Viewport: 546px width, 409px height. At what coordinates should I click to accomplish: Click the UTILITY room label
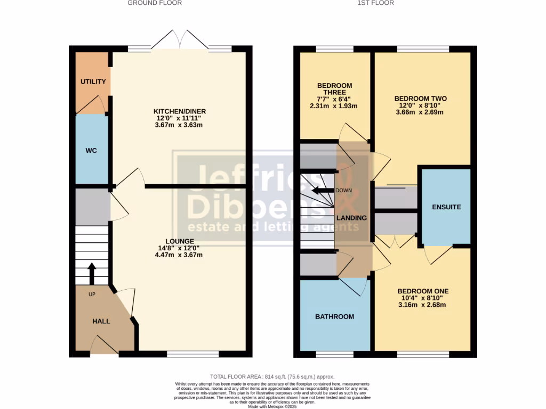(x=93, y=81)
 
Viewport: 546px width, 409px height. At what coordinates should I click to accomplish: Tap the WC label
(x=91, y=151)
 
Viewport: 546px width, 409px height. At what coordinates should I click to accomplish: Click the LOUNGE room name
(x=179, y=241)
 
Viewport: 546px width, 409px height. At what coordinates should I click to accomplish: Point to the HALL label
(x=101, y=321)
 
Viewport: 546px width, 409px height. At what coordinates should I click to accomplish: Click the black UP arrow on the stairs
(x=91, y=273)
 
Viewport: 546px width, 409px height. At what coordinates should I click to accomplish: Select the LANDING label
(x=351, y=218)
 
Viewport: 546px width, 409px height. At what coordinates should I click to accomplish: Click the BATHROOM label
(x=334, y=316)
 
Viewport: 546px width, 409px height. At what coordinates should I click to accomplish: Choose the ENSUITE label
(x=446, y=207)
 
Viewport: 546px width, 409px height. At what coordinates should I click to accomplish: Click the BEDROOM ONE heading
(x=423, y=291)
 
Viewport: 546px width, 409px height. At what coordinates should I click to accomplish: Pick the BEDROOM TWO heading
(x=420, y=99)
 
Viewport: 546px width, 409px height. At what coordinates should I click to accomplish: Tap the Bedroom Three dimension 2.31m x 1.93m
(x=334, y=106)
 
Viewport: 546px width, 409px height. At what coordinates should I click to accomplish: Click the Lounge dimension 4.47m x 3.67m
(x=179, y=255)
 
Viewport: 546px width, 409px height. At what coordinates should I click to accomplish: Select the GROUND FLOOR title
(x=155, y=3)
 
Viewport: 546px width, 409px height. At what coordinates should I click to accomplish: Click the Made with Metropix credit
(x=273, y=406)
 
